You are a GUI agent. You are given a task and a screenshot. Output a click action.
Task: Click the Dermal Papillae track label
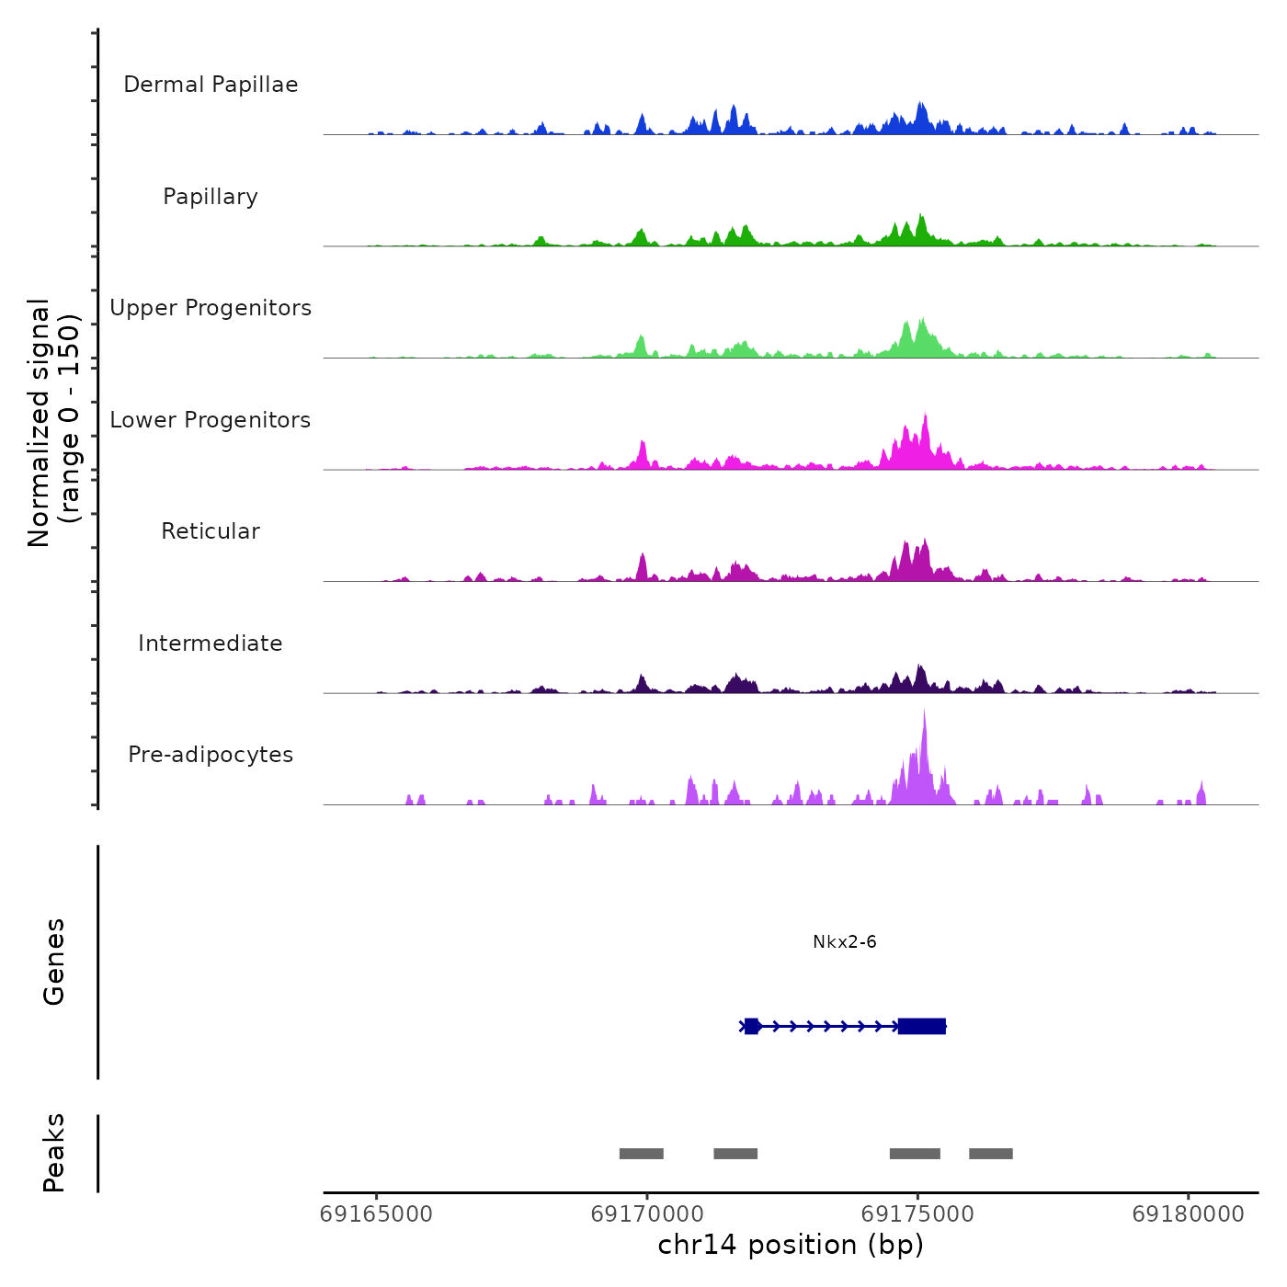[211, 85]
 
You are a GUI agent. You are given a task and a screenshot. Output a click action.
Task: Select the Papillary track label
[211, 197]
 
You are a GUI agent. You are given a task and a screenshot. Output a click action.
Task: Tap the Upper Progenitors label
[211, 308]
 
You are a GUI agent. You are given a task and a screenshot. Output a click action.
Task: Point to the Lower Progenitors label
[211, 420]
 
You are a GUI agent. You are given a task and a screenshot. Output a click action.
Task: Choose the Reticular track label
[211, 531]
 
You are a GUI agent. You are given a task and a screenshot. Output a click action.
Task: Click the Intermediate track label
[211, 643]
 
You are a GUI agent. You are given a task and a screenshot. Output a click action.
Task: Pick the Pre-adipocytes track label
[211, 755]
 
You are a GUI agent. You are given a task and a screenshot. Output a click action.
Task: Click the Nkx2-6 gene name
[844, 942]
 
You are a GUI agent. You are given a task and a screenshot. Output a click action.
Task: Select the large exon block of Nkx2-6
[922, 1026]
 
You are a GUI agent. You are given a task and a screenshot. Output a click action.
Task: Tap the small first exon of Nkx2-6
[752, 1026]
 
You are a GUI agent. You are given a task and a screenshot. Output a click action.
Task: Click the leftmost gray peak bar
[641, 1154]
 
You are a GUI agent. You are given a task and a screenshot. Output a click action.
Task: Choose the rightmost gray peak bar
[990, 1154]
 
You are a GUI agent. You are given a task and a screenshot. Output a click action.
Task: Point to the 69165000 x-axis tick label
[376, 1213]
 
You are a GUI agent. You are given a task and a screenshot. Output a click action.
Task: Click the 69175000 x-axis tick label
[917, 1213]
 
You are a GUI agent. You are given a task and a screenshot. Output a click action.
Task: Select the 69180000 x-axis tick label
[1188, 1213]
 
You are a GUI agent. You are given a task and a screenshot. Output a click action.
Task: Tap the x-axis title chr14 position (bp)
[791, 1245]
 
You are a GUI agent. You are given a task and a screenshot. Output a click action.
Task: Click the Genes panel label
[54, 962]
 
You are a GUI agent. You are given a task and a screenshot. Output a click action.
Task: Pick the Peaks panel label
[54, 1153]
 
